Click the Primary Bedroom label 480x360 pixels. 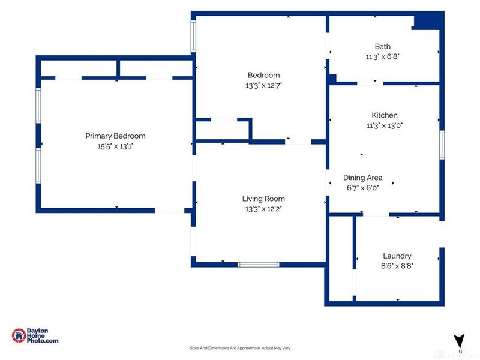(x=115, y=136)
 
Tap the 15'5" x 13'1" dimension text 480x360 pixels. (x=115, y=146)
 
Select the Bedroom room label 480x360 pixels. (x=263, y=75)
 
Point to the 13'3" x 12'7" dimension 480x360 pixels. (x=263, y=85)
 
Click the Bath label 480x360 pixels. (x=383, y=46)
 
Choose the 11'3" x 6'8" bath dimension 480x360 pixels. (x=383, y=56)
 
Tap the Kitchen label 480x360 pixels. (x=385, y=115)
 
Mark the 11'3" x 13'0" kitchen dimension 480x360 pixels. (x=385, y=125)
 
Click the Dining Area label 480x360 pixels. (x=363, y=178)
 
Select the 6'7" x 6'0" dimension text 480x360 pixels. (x=363, y=188)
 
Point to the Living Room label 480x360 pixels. (x=263, y=199)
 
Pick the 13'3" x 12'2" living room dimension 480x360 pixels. (x=263, y=209)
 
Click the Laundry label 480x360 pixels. (x=397, y=256)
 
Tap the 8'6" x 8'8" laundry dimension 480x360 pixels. (x=397, y=266)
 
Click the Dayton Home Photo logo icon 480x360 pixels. (x=19, y=335)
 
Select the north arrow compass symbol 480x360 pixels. (x=459, y=341)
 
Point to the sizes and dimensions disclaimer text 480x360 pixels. (x=240, y=348)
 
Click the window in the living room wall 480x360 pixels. (x=259, y=265)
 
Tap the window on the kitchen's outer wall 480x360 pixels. (x=442, y=145)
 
